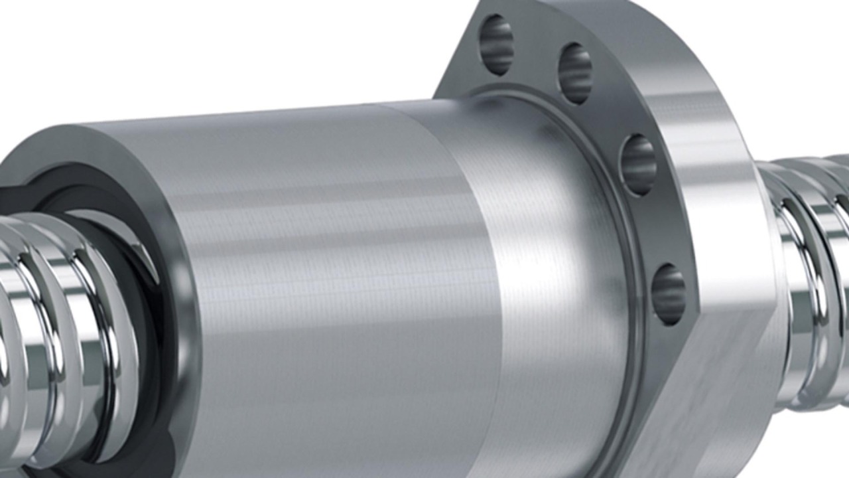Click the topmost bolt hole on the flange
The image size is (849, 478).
(496, 44)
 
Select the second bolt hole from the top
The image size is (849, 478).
(575, 73)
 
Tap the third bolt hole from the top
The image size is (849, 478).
(638, 165)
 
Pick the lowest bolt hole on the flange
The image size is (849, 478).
(668, 294)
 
